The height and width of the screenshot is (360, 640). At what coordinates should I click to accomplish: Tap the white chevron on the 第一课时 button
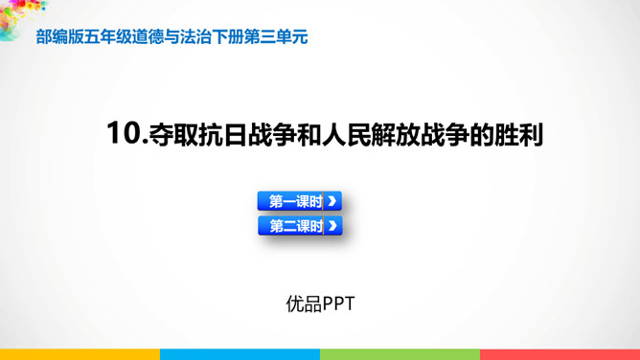tap(331, 201)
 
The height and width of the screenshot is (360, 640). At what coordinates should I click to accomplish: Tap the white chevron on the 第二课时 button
tap(331, 227)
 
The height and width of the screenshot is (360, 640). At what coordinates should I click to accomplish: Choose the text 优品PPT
tap(320, 304)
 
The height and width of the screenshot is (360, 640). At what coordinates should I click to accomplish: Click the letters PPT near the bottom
tap(338, 304)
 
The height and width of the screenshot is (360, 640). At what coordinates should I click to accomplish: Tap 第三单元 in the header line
tap(278, 37)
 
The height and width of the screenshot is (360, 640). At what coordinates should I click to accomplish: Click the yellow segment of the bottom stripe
tap(80, 354)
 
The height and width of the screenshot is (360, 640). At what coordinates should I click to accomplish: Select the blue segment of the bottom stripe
tap(240, 354)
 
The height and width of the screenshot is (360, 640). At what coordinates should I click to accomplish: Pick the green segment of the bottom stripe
tap(400, 354)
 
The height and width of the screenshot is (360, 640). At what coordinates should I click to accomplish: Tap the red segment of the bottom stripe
tap(560, 354)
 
